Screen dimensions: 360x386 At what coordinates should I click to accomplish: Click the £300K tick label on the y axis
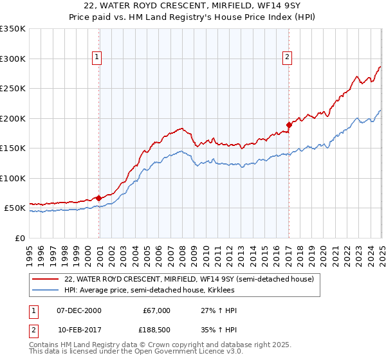pyautogui.click(x=12, y=59)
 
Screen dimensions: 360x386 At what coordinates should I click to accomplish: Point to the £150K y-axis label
pyautogui.click(x=12, y=148)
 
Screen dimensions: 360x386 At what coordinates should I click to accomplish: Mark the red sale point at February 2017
pyautogui.click(x=289, y=125)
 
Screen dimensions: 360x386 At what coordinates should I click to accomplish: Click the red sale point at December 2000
pyautogui.click(x=99, y=198)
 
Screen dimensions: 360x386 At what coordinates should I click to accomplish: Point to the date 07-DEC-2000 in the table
pyautogui.click(x=79, y=310)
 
